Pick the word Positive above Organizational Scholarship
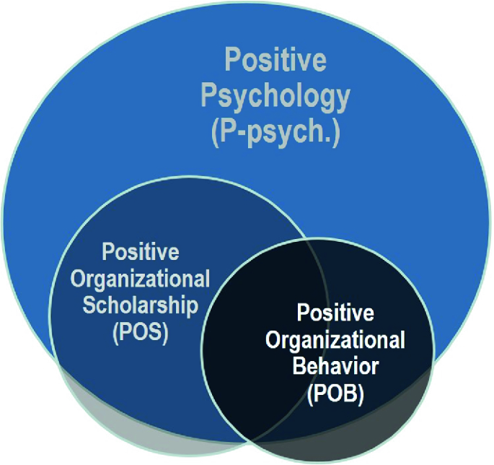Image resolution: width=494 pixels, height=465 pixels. coord(141,253)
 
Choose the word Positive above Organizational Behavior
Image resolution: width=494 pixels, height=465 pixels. coord(336,313)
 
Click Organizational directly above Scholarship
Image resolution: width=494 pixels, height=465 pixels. coord(145,279)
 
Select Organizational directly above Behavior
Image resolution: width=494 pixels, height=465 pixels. coord(343,339)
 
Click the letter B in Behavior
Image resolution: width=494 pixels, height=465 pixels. coord(299,365)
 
